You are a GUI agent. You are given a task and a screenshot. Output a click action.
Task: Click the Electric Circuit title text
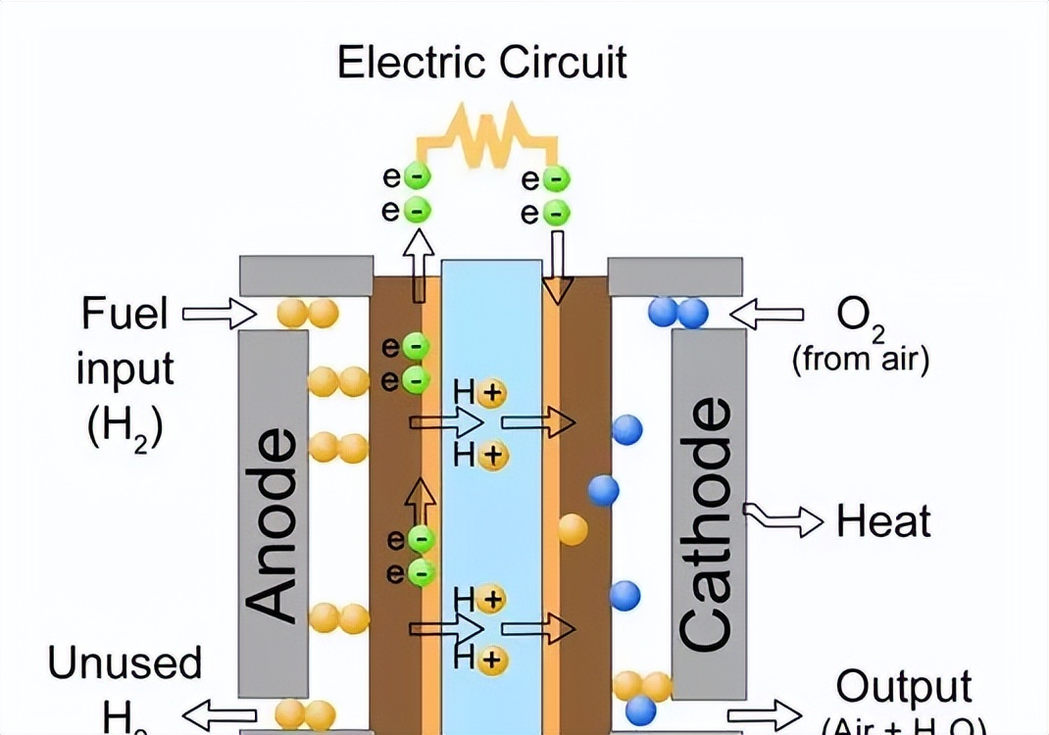coord(481,62)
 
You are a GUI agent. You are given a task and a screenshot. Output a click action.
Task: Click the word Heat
coord(883,521)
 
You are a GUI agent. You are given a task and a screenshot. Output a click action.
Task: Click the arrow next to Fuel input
coord(219,313)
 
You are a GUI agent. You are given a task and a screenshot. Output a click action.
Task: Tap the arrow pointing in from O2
coord(768,314)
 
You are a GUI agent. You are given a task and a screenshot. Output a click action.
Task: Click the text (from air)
coord(860,360)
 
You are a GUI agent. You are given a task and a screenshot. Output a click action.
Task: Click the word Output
coord(903,688)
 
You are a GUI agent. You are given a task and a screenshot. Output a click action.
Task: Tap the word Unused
coord(125,663)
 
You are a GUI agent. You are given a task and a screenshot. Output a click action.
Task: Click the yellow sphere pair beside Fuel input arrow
coord(307,313)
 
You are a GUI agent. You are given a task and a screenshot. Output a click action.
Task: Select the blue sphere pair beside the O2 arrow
coord(678,313)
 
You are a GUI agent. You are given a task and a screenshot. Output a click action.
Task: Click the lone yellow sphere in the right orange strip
coord(573,529)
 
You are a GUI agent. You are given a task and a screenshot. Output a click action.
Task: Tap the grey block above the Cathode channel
coord(675,276)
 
